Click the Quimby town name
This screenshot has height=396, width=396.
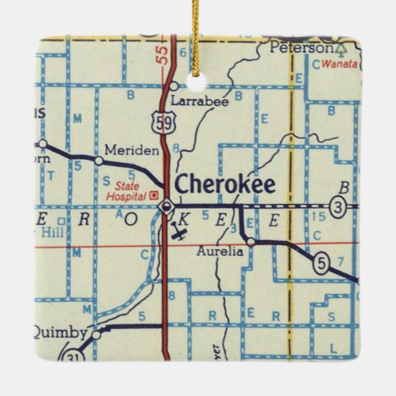(59, 333)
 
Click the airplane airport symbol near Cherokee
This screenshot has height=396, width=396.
(180, 234)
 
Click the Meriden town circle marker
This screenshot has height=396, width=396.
(98, 161)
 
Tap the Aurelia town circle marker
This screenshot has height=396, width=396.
(250, 242)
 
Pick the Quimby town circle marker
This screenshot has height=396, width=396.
(96, 335)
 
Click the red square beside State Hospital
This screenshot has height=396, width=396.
(154, 196)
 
